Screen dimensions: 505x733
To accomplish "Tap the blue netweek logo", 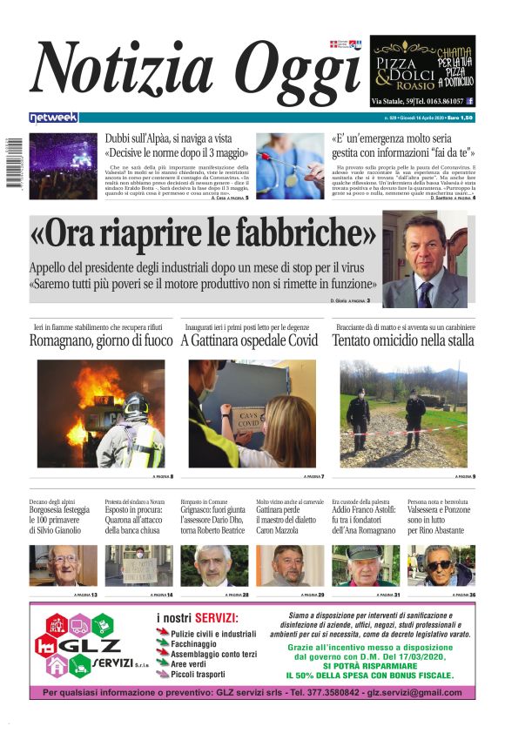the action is click(53, 118).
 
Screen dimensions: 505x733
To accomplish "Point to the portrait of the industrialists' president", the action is click(425, 259).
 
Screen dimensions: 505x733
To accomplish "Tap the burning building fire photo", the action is click(101, 414).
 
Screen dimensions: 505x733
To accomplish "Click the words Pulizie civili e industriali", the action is click(213, 635).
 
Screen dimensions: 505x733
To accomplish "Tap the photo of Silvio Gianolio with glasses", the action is click(63, 566).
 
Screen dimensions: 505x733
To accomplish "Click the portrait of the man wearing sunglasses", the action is click(441, 566).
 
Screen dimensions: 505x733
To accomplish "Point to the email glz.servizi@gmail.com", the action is click(414, 693).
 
